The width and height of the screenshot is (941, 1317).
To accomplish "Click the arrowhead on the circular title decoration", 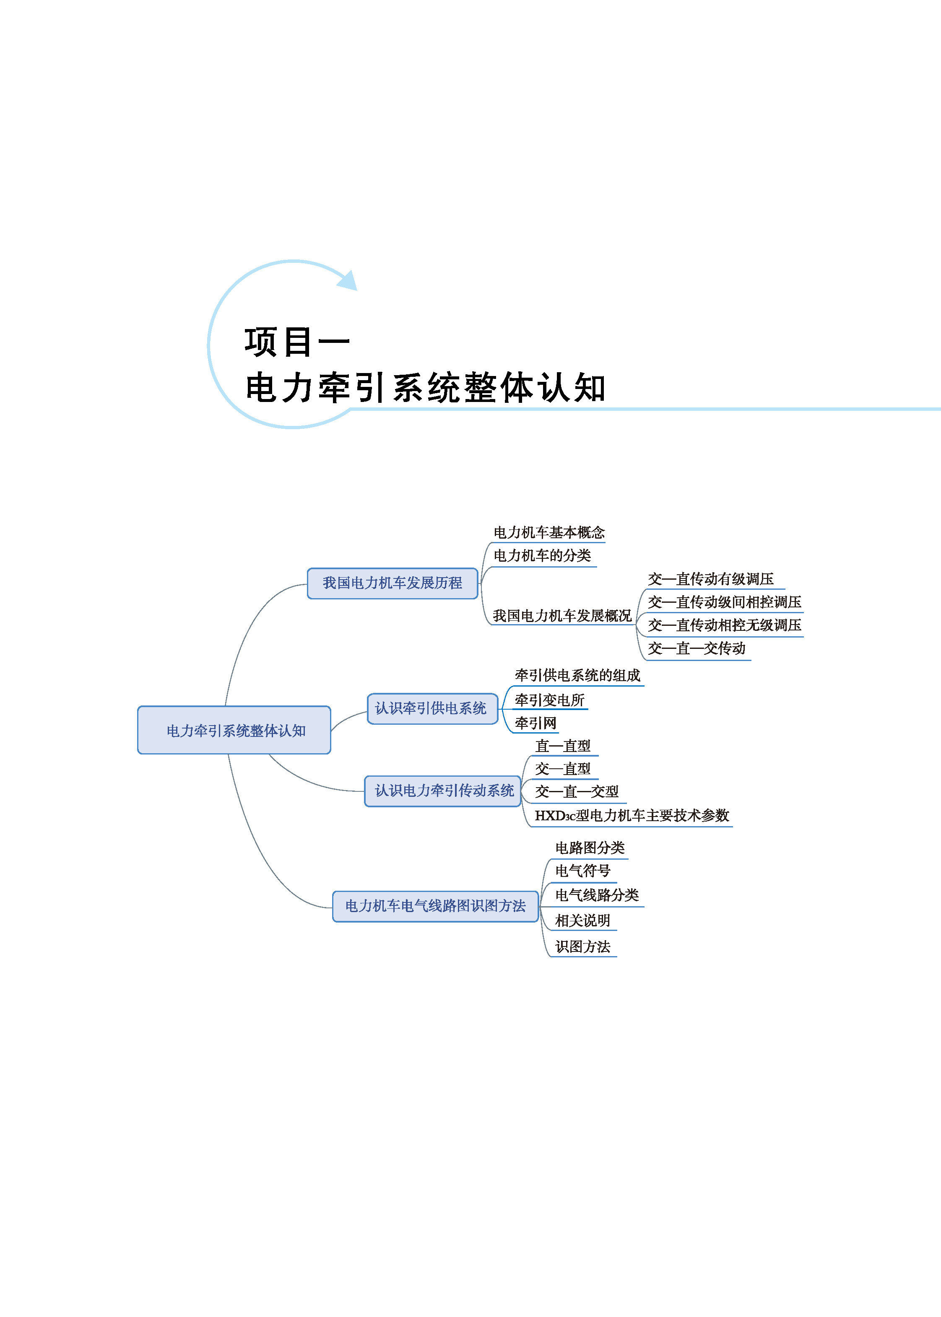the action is tap(348, 280).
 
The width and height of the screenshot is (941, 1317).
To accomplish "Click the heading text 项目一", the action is tap(296, 342).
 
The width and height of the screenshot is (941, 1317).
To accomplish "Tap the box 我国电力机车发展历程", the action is tap(392, 583).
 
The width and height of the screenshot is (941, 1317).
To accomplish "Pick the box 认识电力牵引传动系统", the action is tap(443, 791).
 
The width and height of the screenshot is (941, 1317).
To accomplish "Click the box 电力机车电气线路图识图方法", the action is tap(435, 906).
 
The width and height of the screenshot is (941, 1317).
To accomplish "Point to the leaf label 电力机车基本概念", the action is tap(549, 532).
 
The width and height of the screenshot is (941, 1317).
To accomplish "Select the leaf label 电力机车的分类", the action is tap(542, 555).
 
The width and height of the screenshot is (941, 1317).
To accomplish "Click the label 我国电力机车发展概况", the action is tap(561, 616).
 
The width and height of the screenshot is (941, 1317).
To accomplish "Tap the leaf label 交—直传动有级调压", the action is tap(710, 578).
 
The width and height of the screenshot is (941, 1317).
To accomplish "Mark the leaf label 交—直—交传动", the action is tap(696, 648).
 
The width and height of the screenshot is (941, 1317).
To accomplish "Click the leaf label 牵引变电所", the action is tap(549, 700).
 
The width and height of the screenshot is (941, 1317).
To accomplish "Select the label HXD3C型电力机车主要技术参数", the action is tap(632, 815).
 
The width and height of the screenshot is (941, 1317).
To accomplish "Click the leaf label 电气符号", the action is tap(582, 871).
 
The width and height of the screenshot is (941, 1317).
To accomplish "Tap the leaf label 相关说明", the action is tap(582, 920).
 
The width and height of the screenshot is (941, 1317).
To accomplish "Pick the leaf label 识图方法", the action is tap(582, 946).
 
